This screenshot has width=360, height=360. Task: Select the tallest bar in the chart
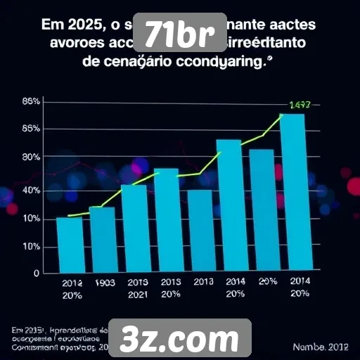[x=292, y=193]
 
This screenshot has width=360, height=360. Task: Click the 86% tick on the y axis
[x=31, y=102]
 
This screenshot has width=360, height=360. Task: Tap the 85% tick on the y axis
[x=31, y=129]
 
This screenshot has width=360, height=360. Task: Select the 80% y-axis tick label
[x=31, y=157]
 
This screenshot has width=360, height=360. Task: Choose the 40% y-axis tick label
[x=31, y=191]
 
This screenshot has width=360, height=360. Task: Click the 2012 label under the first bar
[x=72, y=283]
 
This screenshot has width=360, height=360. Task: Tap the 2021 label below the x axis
[x=138, y=295]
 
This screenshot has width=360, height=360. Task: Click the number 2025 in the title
[x=82, y=26]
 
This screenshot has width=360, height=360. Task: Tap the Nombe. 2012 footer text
[x=320, y=347]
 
